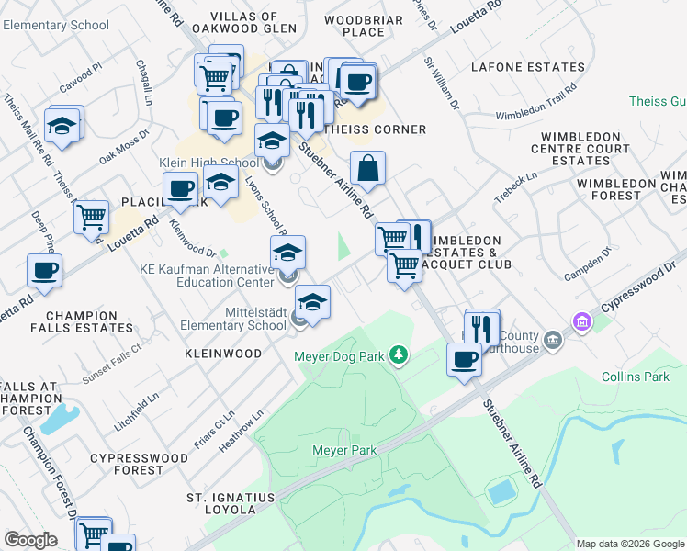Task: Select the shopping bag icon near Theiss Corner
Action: tap(367, 169)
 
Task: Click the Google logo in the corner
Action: tap(30, 540)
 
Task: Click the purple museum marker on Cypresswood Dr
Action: tap(580, 322)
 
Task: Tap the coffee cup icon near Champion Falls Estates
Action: tap(45, 271)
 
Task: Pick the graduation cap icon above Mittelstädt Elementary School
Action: tap(312, 302)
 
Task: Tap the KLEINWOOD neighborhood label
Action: tap(222, 353)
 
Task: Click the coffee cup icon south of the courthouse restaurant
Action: tap(464, 359)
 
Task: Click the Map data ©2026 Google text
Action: tap(630, 544)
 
